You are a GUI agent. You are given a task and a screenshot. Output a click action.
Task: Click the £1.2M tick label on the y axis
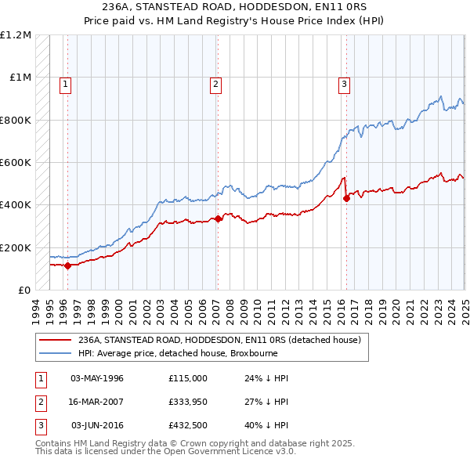pos(15,35)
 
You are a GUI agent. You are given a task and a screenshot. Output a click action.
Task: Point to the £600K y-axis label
pos(15,163)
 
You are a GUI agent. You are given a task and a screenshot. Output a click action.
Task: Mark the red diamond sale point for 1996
pos(67,265)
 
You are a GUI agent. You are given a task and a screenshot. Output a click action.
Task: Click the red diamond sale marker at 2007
pos(218,219)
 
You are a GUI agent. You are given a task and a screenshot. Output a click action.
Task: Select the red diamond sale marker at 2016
pos(346,198)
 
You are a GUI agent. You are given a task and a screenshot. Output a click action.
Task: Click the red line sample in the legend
pos(55,341)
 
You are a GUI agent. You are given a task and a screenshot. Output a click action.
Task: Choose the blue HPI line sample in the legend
pos(55,353)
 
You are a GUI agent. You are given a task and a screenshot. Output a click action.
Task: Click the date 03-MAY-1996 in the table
pos(97,378)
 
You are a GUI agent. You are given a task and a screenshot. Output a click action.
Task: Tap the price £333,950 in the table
pos(188,402)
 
